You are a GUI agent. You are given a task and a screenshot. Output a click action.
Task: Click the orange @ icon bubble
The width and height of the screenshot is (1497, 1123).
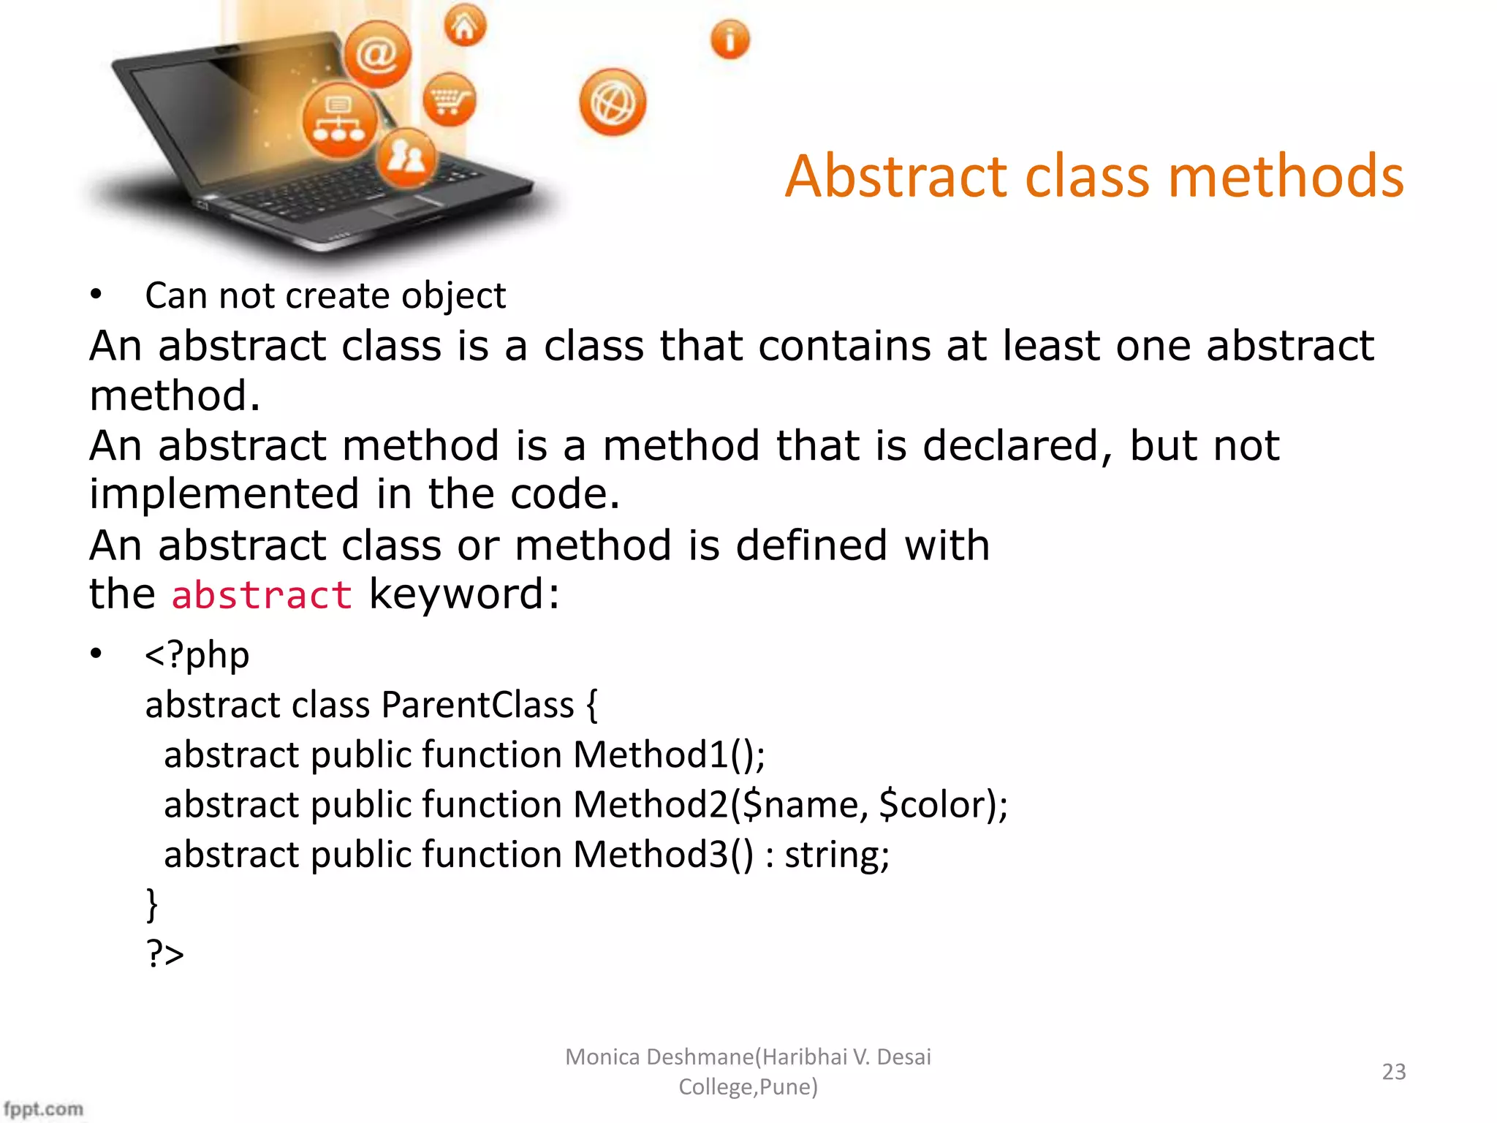(x=377, y=54)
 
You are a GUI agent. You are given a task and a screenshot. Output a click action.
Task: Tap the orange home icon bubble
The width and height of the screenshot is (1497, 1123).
(x=465, y=26)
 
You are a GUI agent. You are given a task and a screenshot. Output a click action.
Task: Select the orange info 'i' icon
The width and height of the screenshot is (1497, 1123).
(x=729, y=39)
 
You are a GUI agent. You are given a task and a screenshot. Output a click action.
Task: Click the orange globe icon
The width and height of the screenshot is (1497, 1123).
(x=613, y=102)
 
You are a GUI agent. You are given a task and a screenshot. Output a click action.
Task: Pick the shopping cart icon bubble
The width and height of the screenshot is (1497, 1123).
(x=450, y=99)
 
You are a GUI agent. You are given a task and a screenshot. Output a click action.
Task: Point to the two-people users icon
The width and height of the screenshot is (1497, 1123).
(x=406, y=157)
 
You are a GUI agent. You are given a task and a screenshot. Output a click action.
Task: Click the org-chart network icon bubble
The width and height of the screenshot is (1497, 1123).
(x=339, y=121)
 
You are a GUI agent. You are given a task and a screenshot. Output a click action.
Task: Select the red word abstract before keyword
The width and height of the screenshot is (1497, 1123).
(x=262, y=594)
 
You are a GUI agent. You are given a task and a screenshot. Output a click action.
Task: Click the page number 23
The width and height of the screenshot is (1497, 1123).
(x=1393, y=1072)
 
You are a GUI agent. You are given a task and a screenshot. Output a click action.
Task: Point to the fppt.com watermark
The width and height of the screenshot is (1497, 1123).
(x=42, y=1108)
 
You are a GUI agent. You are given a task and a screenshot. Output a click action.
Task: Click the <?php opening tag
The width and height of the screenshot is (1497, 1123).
(x=197, y=654)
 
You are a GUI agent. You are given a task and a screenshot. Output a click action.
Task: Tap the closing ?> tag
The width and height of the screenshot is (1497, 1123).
(x=165, y=953)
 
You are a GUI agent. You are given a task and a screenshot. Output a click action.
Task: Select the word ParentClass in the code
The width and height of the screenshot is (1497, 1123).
(x=477, y=705)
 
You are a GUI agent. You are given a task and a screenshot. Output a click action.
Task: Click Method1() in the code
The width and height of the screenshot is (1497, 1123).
(x=668, y=755)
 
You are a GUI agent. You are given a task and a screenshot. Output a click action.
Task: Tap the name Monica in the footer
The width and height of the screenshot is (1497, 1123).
(x=602, y=1057)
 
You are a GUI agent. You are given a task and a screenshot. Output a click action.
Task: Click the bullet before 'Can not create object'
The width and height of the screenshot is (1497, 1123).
(x=96, y=295)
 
